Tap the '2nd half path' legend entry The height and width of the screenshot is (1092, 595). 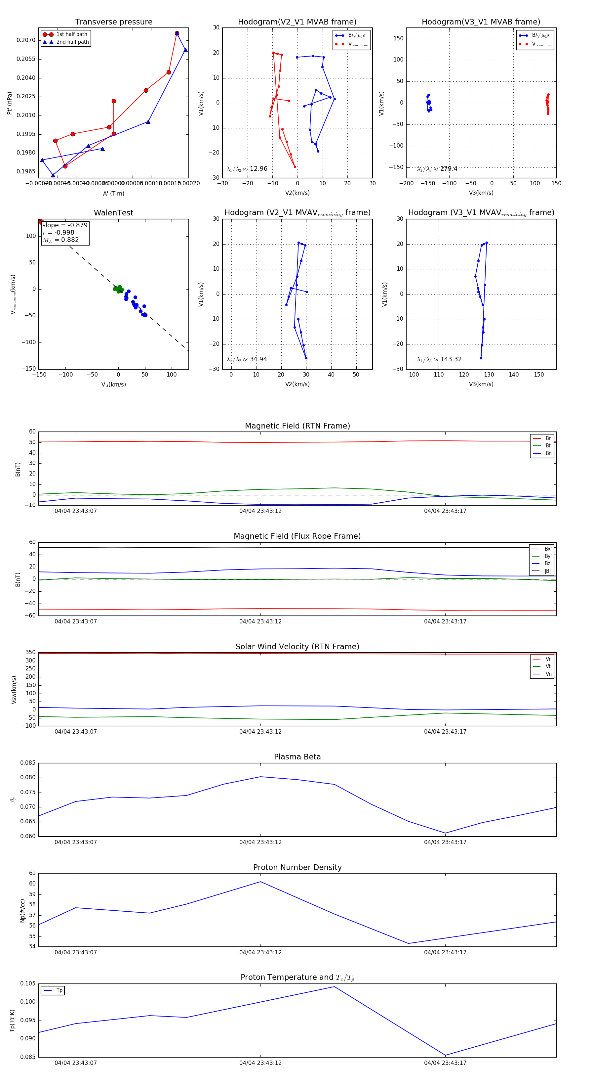tap(72, 42)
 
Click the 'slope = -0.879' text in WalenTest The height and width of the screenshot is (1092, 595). tap(65, 225)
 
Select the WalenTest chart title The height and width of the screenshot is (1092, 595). tap(113, 213)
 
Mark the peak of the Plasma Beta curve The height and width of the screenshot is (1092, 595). tap(260, 777)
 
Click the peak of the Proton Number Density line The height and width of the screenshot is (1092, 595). tap(260, 882)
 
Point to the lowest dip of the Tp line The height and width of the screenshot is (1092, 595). tap(445, 1055)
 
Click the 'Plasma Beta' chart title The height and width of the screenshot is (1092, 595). tap(297, 757)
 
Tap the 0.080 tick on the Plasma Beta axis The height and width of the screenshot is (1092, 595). tap(28, 777)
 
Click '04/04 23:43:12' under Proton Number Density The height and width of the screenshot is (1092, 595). tap(260, 952)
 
